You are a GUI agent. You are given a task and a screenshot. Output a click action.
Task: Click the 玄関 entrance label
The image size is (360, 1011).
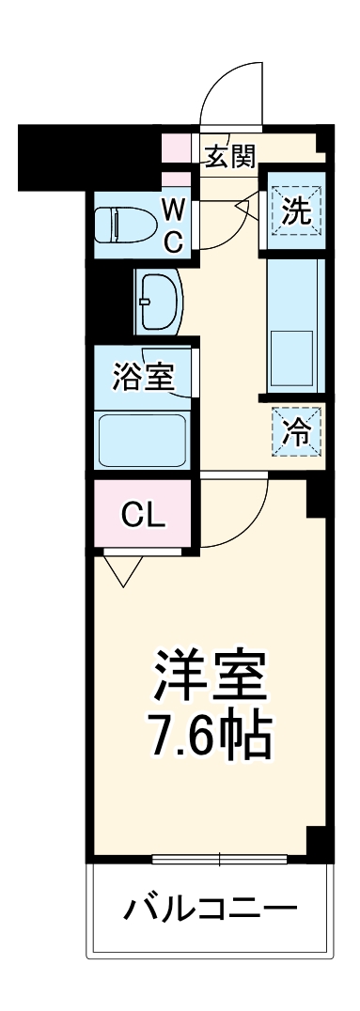click(x=230, y=155)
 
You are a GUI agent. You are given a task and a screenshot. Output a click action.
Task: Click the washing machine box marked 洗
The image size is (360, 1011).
click(x=296, y=210)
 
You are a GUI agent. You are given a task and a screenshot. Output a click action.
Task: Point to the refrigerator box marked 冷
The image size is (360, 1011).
click(x=296, y=431)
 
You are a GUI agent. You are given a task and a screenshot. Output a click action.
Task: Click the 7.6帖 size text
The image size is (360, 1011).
click(x=210, y=738)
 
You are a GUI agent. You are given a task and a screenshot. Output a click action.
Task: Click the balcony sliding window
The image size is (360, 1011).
click(x=219, y=858)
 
